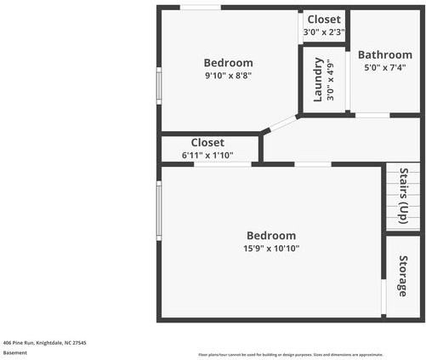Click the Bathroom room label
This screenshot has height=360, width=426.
(x=384, y=55)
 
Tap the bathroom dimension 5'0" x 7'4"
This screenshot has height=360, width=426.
(x=384, y=68)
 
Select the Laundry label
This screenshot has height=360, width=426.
(x=318, y=79)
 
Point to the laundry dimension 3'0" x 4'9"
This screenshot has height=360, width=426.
(x=331, y=79)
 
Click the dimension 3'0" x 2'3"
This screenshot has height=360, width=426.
(x=324, y=32)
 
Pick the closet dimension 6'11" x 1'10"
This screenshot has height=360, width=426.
(x=207, y=156)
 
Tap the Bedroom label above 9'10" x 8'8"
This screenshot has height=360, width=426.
(x=228, y=62)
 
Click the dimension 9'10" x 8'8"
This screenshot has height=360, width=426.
(x=228, y=76)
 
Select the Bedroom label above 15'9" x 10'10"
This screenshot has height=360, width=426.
(x=271, y=236)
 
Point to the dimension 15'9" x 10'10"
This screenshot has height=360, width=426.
(x=271, y=249)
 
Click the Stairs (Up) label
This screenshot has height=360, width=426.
(x=404, y=197)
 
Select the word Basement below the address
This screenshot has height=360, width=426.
(x=15, y=353)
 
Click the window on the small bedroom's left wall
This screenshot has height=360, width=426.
(x=158, y=85)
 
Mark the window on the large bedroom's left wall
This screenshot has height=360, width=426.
(x=158, y=209)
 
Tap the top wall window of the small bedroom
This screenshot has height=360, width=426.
(x=201, y=8)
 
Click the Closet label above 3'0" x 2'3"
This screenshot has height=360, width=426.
(x=324, y=20)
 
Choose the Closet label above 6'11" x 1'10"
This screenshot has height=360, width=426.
(x=207, y=143)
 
